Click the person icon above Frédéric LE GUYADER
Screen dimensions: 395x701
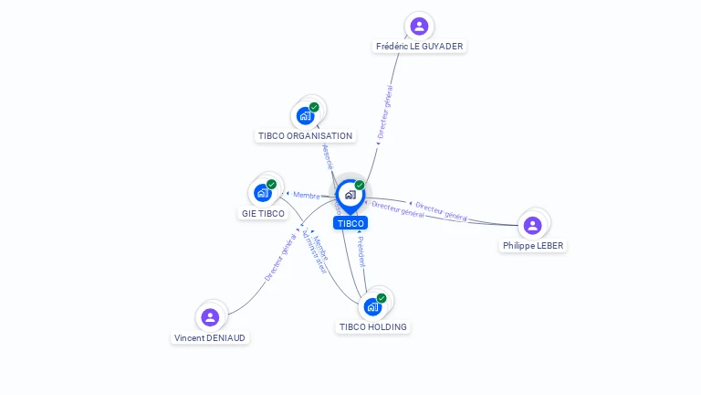pyautogui.click(x=419, y=26)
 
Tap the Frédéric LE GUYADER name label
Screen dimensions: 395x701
pyautogui.click(x=420, y=46)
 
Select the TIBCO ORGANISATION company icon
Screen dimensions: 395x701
pyautogui.click(x=305, y=116)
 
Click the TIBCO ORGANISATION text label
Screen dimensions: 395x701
pyautogui.click(x=305, y=136)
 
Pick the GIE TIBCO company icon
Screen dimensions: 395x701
pyautogui.click(x=263, y=193)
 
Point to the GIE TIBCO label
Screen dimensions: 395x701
pyautogui.click(x=263, y=214)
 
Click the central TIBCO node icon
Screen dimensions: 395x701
pyautogui.click(x=350, y=194)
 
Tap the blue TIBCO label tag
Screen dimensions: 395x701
pyautogui.click(x=350, y=223)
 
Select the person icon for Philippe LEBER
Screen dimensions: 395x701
pyautogui.click(x=533, y=225)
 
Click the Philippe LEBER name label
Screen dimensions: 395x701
pyautogui.click(x=533, y=246)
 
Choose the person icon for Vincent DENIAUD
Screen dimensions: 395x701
pyautogui.click(x=211, y=317)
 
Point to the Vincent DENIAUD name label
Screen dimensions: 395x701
pyautogui.click(x=210, y=337)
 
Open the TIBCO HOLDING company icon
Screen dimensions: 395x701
pyautogui.click(x=372, y=306)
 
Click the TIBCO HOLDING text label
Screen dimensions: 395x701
pyautogui.click(x=373, y=326)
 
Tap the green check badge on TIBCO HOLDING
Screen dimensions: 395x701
pyautogui.click(x=382, y=297)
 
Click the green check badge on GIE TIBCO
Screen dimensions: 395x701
pyautogui.click(x=271, y=185)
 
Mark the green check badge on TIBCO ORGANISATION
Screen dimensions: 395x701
pyautogui.click(x=314, y=107)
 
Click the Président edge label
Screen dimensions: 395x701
pyautogui.click(x=361, y=250)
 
